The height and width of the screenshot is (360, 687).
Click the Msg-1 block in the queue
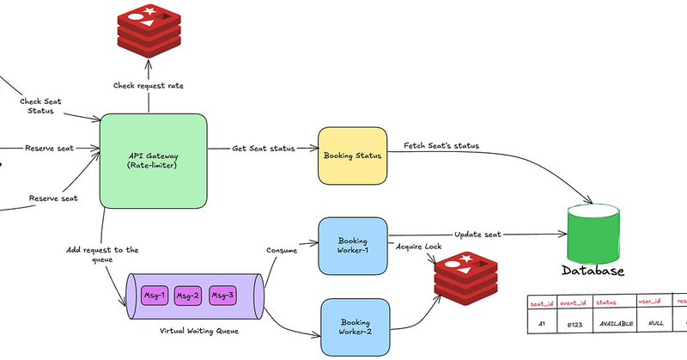click(x=155, y=296)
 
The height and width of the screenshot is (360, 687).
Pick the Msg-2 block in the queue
click(x=188, y=296)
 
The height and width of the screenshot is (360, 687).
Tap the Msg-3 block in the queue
click(x=222, y=296)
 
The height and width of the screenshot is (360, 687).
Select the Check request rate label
click(x=149, y=86)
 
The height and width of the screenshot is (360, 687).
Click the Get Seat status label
click(x=263, y=149)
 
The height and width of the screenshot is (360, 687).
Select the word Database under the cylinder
click(x=593, y=272)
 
